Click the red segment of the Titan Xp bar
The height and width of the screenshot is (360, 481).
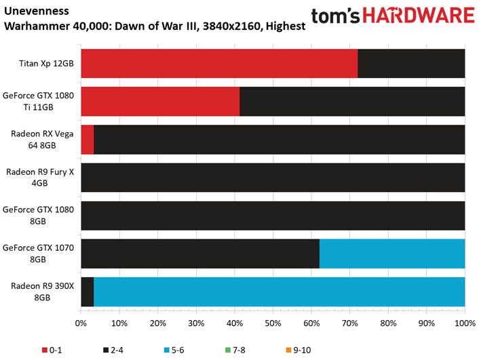point(219,64)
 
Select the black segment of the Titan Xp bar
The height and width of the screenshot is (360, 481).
point(411,64)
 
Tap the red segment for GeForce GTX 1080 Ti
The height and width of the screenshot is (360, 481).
point(160,102)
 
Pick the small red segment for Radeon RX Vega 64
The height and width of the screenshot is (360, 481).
point(88,140)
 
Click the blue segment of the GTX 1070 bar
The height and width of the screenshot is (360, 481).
point(392,254)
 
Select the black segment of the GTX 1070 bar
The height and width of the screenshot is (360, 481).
point(200,254)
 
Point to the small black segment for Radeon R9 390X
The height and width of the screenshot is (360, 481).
point(88,292)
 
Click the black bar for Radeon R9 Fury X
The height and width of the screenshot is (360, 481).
point(273,178)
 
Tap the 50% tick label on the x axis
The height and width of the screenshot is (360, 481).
point(273,323)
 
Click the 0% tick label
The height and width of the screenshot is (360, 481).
point(81,323)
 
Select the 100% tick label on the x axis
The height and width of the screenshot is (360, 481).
point(465,323)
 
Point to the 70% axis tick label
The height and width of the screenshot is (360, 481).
point(350,323)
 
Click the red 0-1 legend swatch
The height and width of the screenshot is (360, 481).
point(45,350)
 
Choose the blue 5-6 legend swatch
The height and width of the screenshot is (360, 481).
point(167,350)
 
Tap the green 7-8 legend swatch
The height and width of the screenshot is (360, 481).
point(228,350)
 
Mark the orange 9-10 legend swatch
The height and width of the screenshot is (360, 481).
point(288,350)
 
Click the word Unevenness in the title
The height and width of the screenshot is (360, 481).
point(37,11)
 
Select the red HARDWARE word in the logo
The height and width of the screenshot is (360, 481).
point(419,16)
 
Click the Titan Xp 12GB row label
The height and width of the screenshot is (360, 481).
point(46,64)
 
